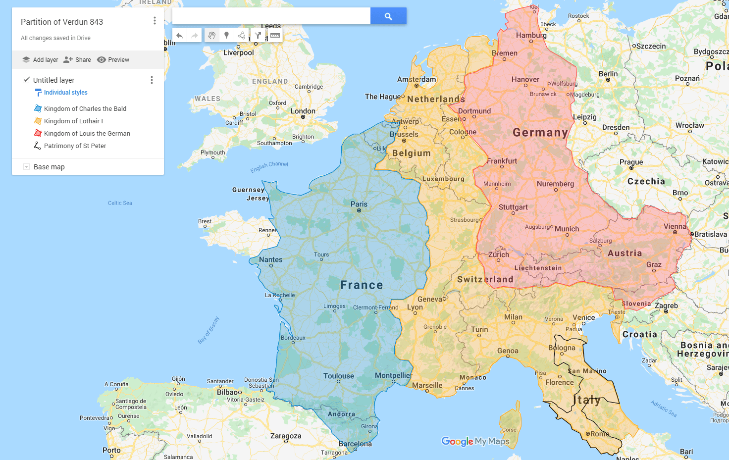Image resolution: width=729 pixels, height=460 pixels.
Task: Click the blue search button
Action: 388,16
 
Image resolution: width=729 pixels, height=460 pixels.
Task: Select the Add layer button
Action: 40,60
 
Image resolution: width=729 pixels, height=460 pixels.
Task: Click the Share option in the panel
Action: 77,60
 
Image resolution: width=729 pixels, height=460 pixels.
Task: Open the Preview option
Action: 113,60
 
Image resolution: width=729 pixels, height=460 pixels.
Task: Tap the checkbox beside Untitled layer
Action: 27,80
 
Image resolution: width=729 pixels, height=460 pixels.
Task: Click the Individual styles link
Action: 65,93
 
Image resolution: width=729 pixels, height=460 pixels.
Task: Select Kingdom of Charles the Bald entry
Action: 85,108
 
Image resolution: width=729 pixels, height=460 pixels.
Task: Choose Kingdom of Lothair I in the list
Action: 73,121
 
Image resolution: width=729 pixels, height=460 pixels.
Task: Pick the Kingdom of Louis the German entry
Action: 87,133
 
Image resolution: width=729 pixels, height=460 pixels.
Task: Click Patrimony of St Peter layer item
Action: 75,146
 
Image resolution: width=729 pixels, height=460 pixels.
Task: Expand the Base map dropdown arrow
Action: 27,167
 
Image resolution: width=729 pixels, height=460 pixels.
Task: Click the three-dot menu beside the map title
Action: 155,21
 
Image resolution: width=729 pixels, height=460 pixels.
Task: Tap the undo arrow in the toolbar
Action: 179,36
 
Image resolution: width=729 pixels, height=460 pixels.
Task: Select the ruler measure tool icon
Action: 275,36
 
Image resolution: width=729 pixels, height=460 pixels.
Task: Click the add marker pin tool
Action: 226,36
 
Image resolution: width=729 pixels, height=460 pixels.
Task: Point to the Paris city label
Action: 359,204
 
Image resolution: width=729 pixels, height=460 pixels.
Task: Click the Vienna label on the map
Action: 675,226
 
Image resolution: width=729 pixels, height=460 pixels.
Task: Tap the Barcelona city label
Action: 355,444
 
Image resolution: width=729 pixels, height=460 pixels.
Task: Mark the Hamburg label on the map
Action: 531,35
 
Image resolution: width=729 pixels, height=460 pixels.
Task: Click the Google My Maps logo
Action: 475,441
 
